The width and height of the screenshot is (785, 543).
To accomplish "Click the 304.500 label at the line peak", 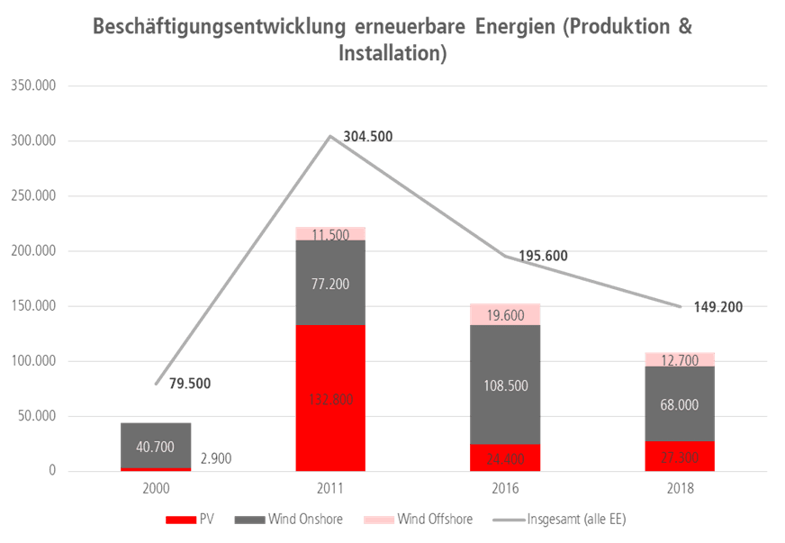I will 367,137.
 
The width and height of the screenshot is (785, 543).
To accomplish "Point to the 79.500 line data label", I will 188,384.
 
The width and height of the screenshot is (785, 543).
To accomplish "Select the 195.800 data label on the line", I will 543,256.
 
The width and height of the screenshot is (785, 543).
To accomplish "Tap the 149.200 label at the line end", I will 718,307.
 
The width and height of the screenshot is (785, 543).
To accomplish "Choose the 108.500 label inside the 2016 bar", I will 505,385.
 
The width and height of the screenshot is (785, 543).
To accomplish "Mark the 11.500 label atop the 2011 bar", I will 330,235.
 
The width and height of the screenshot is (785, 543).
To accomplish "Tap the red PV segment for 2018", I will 680,457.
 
